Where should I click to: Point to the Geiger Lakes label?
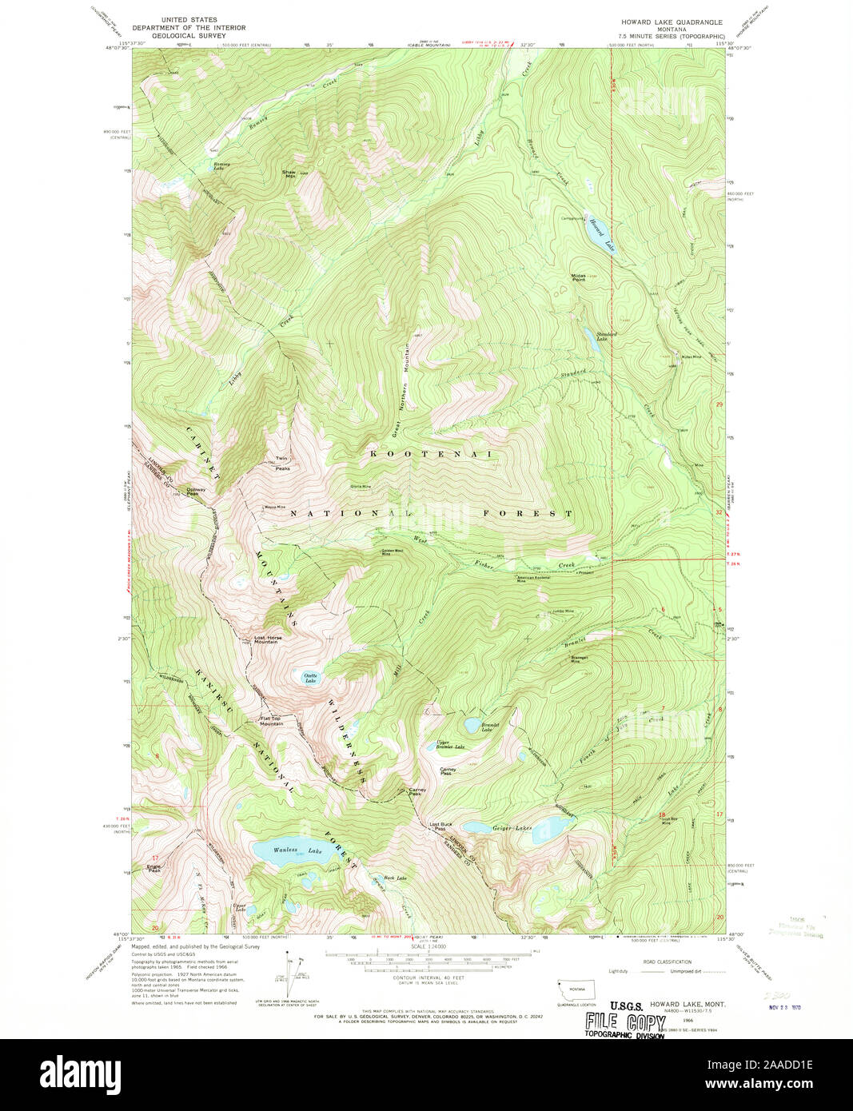coord(512,828)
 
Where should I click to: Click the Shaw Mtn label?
coord(289,173)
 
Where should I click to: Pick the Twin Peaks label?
coord(282,463)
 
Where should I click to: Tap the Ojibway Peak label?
coord(196,492)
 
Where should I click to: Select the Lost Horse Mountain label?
coord(268,639)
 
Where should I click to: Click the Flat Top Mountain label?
coord(271,720)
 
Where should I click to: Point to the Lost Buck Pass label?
coord(441,826)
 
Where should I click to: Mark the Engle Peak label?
coord(153,868)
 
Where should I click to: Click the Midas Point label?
coord(578,277)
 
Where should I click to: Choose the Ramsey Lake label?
coord(221,167)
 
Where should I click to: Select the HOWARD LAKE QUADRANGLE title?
coord(672,22)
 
